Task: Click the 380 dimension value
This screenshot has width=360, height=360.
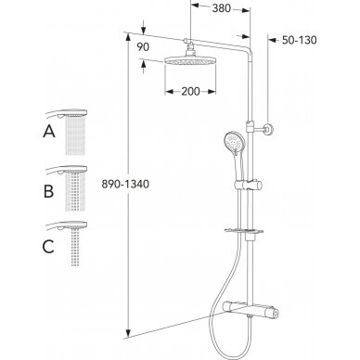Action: [x=222, y=8]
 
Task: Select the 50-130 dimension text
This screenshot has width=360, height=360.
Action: [x=299, y=40]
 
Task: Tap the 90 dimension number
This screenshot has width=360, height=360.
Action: [x=143, y=47]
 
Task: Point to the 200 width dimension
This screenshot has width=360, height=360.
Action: [x=190, y=91]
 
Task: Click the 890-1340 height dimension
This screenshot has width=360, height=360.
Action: [x=125, y=184]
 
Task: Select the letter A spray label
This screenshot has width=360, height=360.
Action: [x=49, y=132]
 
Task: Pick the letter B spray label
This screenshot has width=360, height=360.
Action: [x=48, y=191]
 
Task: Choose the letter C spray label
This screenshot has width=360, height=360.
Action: [x=48, y=247]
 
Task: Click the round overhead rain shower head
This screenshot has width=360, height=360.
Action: [x=190, y=60]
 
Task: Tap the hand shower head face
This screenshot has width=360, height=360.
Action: [x=234, y=142]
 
